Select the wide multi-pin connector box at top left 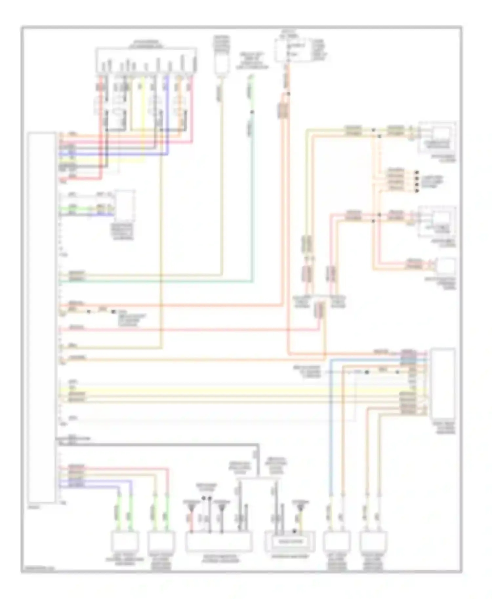[x=146, y=61]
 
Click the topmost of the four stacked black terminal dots [x=417, y=172]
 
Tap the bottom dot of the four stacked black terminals [x=417, y=190]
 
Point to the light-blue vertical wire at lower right [x=331, y=426]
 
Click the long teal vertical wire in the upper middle [x=252, y=197]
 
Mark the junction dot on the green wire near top [x=252, y=112]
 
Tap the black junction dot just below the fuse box [x=289, y=94]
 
